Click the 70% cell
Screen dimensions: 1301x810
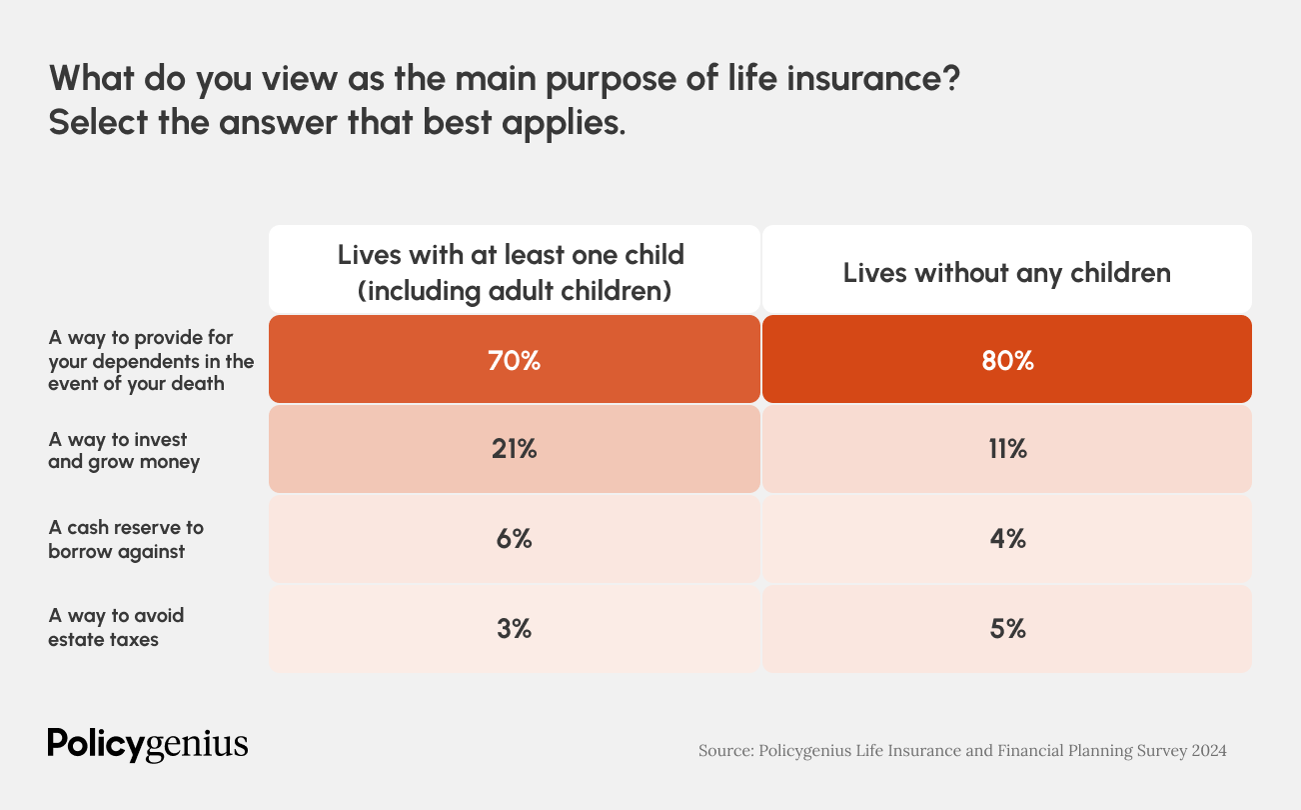(x=514, y=359)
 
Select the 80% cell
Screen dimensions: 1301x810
(x=1007, y=359)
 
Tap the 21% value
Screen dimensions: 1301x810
(x=514, y=449)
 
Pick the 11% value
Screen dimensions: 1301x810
(x=1007, y=449)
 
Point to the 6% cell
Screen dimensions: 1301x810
(x=514, y=539)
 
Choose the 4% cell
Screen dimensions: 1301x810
(x=1007, y=539)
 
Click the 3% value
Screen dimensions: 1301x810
(x=514, y=629)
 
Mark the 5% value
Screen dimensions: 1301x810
(x=1007, y=629)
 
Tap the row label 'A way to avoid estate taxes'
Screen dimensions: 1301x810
(x=116, y=628)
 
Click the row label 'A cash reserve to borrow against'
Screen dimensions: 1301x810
(x=126, y=539)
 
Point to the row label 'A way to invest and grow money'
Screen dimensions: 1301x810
(x=124, y=451)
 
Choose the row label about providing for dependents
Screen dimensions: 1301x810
(x=151, y=361)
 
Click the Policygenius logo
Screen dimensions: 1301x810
(x=148, y=744)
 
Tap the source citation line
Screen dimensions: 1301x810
(x=962, y=751)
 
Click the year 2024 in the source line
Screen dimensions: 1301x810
(x=1209, y=750)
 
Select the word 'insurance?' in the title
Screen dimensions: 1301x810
(x=873, y=78)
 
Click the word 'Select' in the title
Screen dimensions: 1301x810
(x=98, y=122)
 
